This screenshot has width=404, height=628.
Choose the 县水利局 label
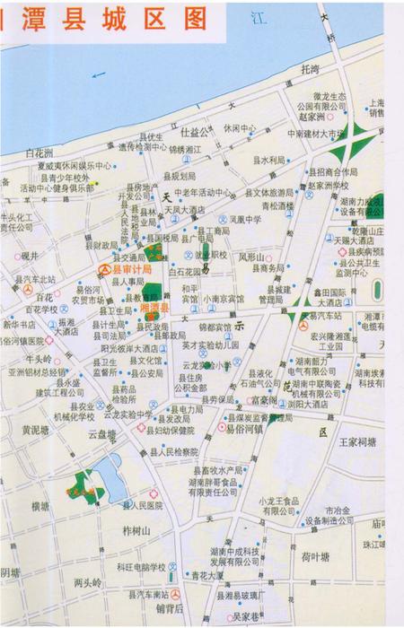[x=268, y=161]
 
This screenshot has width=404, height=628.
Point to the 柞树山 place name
[x=136, y=530]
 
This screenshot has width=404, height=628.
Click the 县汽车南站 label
[x=148, y=594]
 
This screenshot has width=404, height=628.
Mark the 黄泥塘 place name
[x=36, y=430]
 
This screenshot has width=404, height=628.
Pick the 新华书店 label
[x=22, y=324]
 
